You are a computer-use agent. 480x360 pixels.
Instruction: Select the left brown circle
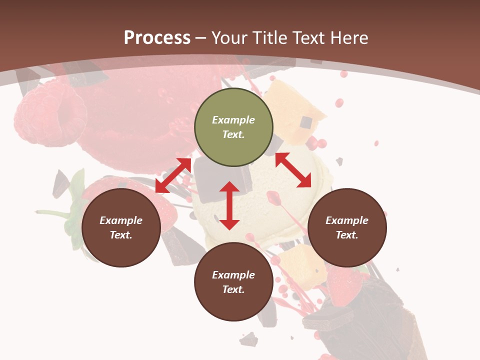[121, 227]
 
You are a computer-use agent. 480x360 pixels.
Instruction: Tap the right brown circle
[347, 227]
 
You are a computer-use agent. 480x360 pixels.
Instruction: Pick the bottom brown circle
[233, 282]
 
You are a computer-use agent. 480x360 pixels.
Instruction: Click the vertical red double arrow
[229, 205]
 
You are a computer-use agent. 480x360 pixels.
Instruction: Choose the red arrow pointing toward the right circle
[293, 170]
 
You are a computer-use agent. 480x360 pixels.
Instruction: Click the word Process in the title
[157, 37]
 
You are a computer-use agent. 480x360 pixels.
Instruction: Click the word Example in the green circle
[233, 120]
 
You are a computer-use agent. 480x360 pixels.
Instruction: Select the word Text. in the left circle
[121, 235]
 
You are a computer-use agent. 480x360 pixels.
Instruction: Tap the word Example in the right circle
[347, 220]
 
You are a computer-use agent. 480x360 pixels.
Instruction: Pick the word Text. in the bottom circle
[233, 289]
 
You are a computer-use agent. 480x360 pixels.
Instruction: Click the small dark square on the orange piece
[306, 123]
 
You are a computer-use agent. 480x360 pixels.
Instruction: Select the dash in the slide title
[201, 38]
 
